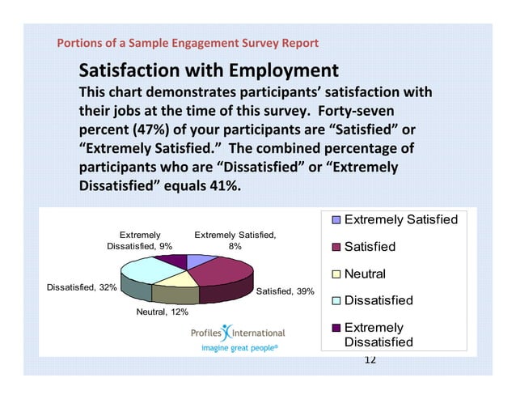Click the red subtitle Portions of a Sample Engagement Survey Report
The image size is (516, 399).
(187, 43)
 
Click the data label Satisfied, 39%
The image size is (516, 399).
(285, 291)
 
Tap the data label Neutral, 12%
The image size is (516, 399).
(162, 312)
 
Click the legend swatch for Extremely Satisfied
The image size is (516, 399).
(336, 220)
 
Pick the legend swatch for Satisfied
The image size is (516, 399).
(336, 247)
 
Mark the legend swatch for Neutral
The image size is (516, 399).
(336, 274)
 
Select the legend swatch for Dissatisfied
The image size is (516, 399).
(336, 300)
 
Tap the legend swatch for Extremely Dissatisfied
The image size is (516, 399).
(336, 328)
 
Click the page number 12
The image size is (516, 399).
(370, 359)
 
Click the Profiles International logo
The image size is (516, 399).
(238, 333)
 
